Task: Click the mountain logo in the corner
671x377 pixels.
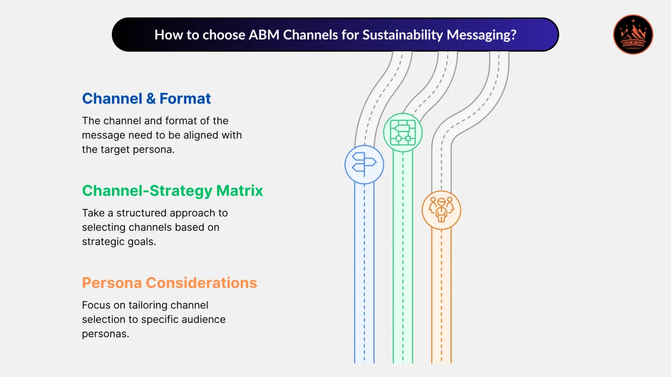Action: pos(633,35)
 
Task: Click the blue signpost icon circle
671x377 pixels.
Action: pos(364,165)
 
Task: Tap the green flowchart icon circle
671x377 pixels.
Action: pos(403,133)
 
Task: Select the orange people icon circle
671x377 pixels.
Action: pos(441,210)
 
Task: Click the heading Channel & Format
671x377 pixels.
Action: pos(146,99)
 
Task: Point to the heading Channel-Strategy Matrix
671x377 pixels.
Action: pos(172,191)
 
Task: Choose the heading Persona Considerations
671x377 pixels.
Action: pos(170,283)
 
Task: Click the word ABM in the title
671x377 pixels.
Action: pos(264,35)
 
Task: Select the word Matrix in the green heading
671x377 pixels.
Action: pos(239,191)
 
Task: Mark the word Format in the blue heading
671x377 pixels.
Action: pos(185,99)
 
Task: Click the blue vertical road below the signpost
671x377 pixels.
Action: pos(364,270)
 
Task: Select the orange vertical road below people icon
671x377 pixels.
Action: pos(441,293)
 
